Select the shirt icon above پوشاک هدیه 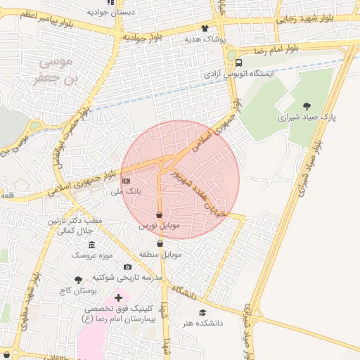pos(205,29)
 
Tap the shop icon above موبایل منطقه pos(160,243)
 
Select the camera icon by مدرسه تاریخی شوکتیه pos(127,266)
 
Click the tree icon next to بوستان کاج pos(78,280)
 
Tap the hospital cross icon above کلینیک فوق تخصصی pos(118,298)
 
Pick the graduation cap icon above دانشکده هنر pos(203,312)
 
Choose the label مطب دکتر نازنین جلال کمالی pos(75,225)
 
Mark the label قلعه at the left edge pos(8,196)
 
